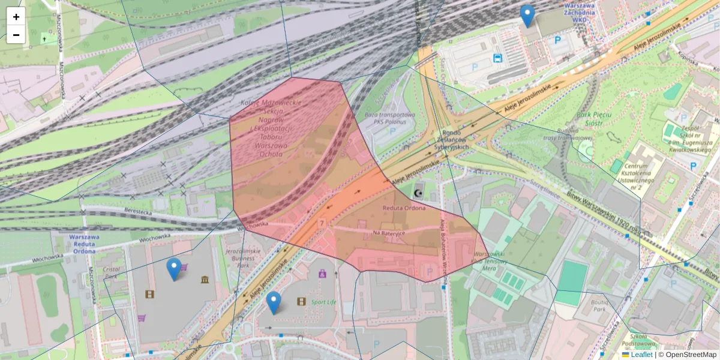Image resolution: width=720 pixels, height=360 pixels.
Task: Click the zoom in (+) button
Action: [x=16, y=17]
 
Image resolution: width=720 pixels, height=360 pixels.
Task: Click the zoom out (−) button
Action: [x=16, y=35]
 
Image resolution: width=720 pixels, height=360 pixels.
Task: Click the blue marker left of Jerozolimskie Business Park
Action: [x=174, y=269]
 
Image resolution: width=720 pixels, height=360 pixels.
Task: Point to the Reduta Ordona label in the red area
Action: [x=404, y=208]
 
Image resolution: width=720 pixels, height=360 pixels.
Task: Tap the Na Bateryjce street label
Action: [x=389, y=232]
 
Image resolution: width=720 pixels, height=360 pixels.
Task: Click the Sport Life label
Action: [x=323, y=302]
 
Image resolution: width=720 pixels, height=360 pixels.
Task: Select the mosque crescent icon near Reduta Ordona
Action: [x=419, y=193]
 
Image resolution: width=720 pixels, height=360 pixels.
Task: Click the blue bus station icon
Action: [x=497, y=58]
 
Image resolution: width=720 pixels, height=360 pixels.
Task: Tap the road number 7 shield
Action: [x=322, y=223]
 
